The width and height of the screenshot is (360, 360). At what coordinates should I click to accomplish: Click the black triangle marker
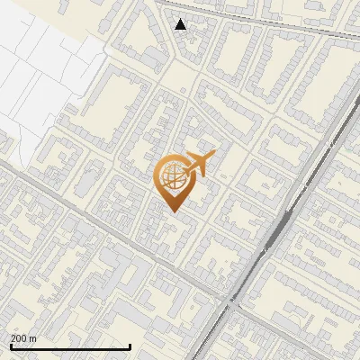click(181, 24)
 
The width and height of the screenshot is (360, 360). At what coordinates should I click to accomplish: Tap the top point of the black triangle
click(181, 19)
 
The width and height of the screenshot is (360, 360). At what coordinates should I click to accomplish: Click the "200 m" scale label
click(23, 338)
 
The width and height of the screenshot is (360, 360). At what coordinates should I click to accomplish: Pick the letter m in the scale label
click(32, 338)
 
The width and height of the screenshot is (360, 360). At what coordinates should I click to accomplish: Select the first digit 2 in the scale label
click(13, 338)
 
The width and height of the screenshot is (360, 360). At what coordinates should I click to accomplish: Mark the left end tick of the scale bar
click(11, 346)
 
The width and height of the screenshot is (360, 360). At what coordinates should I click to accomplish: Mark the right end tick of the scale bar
click(130, 346)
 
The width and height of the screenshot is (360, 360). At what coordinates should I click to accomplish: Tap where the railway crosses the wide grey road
click(232, 304)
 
